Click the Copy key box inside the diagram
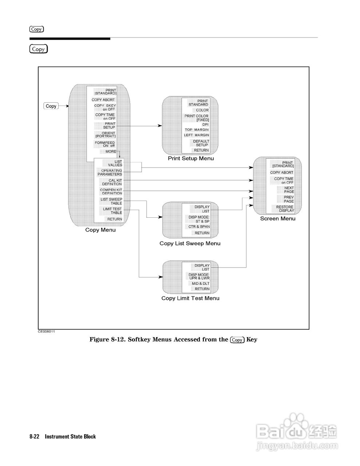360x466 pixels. (x=51, y=106)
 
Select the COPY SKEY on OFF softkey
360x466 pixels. (x=105, y=107)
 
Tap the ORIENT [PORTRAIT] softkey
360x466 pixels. (x=105, y=135)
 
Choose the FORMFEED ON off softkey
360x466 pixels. (x=105, y=144)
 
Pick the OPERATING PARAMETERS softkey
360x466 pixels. (x=110, y=173)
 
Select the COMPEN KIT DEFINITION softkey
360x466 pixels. (x=111, y=191)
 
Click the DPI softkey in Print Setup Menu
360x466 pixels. (x=205, y=125)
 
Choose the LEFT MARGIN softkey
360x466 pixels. (x=197, y=135)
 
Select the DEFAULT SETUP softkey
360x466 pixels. (x=201, y=143)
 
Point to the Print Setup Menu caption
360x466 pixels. (x=191, y=158)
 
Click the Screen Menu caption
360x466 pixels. (x=278, y=218)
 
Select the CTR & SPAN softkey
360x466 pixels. (x=199, y=227)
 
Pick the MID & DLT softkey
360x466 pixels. (x=201, y=284)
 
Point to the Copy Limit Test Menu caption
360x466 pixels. (x=190, y=298)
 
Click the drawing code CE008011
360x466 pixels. (x=46, y=331)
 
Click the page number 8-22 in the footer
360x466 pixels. (x=34, y=437)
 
